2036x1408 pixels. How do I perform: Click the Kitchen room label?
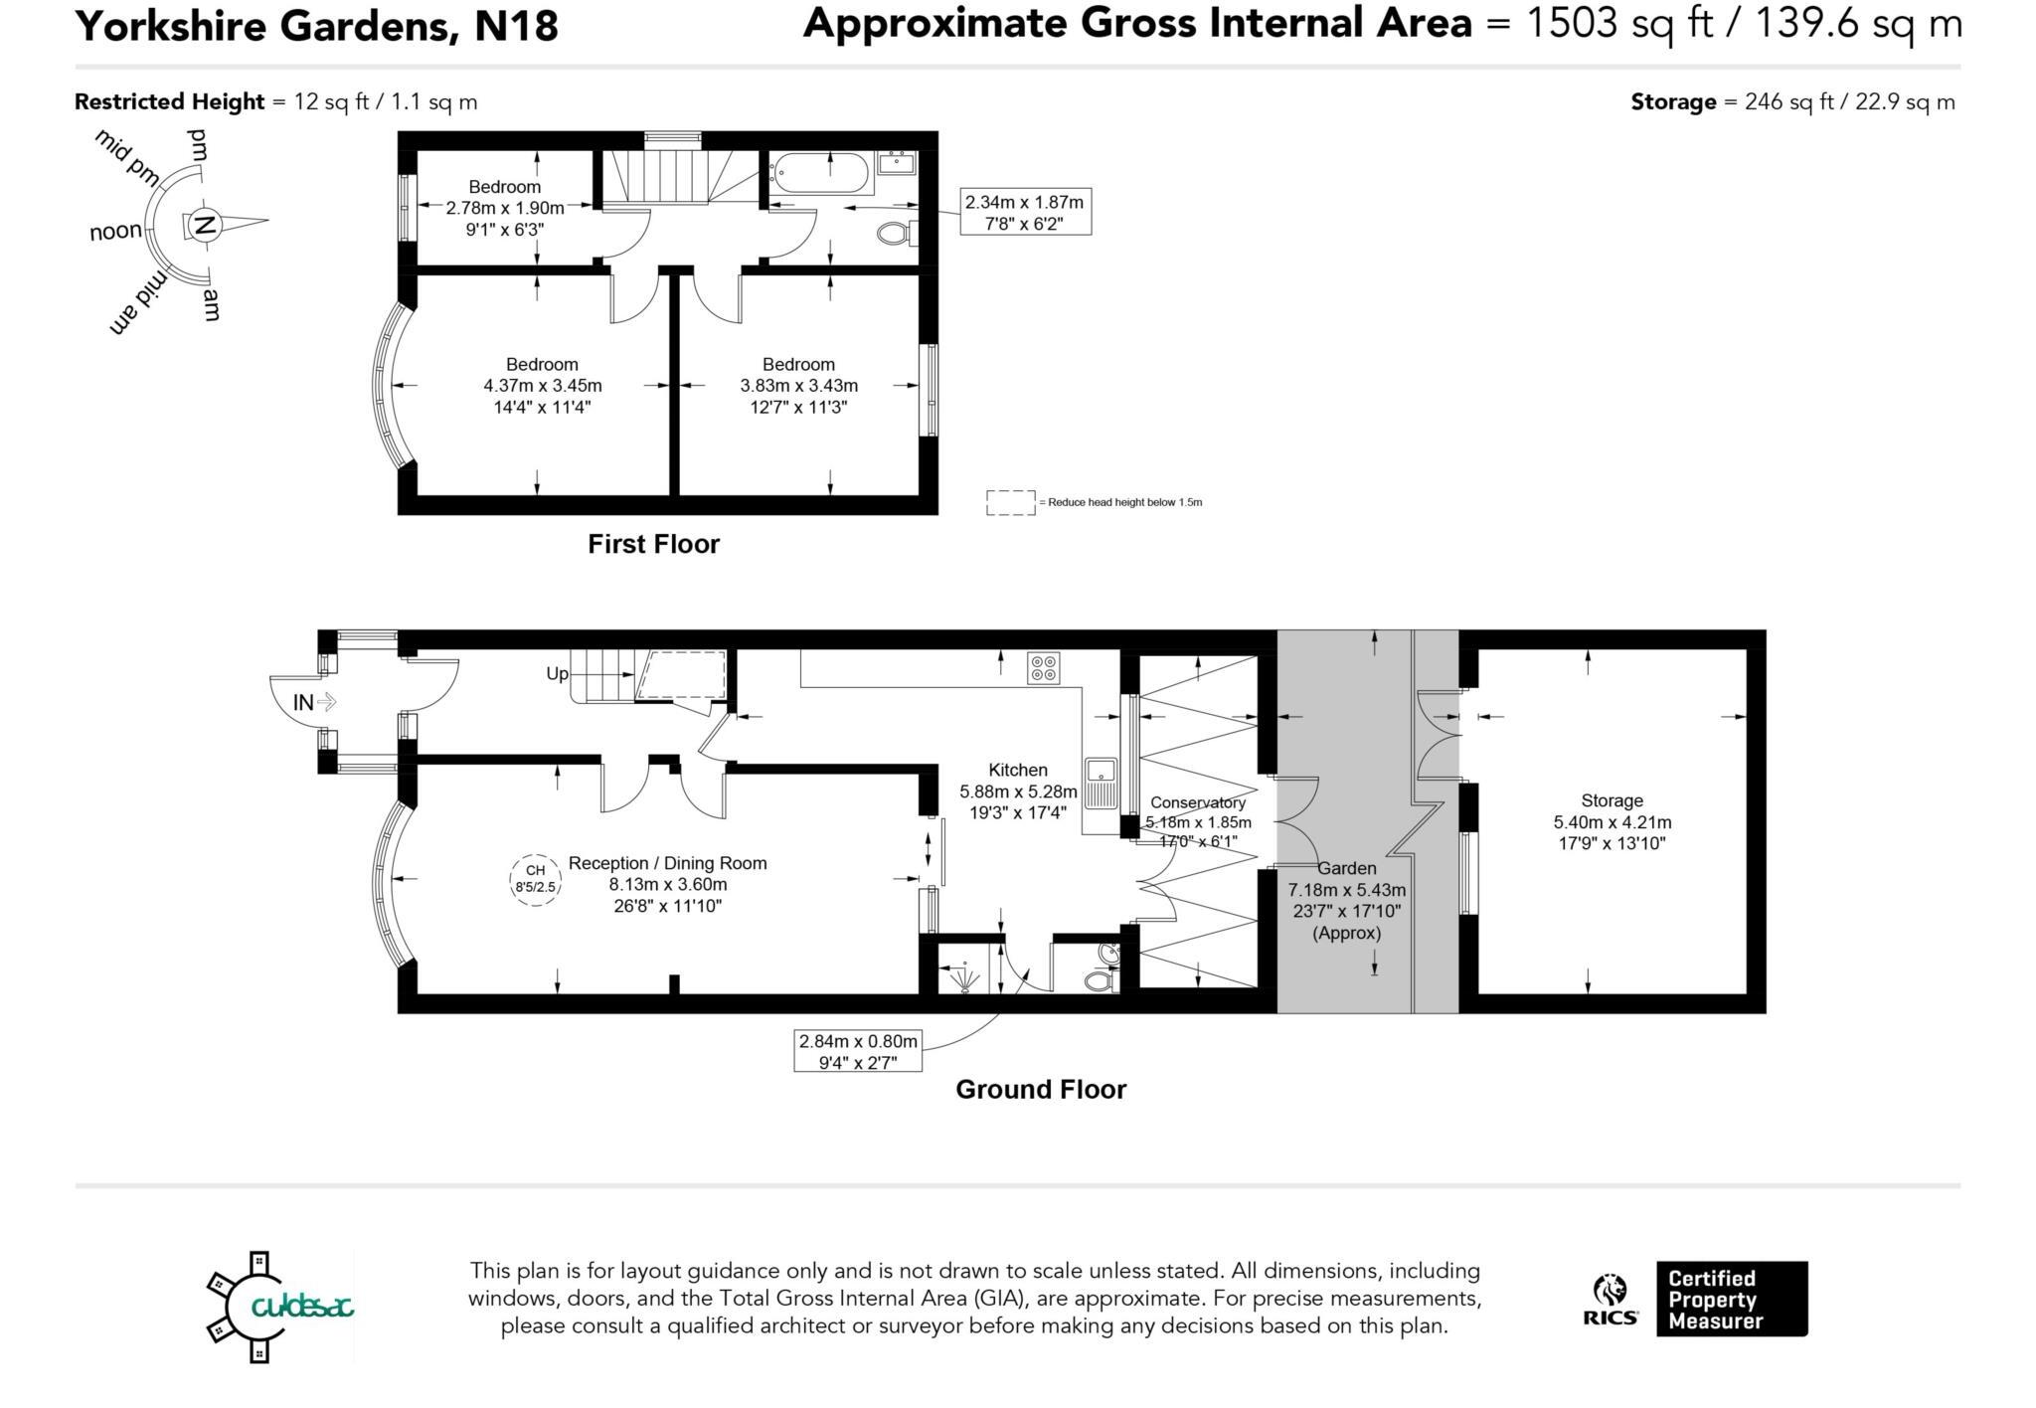pyautogui.click(x=1017, y=770)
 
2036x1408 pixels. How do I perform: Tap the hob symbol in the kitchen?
pyautogui.click(x=1044, y=668)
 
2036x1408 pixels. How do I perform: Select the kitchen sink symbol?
pyautogui.click(x=1102, y=782)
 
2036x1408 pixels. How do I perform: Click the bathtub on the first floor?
pyautogui.click(x=822, y=173)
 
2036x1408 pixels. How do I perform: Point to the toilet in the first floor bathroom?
pyautogui.click(x=896, y=234)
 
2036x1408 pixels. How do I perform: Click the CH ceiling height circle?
pyautogui.click(x=535, y=878)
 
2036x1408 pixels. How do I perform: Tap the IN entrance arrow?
pyautogui.click(x=314, y=703)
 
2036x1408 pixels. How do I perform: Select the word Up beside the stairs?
pyautogui.click(x=557, y=673)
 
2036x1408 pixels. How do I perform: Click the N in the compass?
pyautogui.click(x=204, y=226)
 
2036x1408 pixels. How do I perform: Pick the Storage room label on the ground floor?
pyautogui.click(x=1612, y=800)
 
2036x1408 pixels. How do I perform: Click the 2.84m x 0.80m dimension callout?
pyautogui.click(x=858, y=1051)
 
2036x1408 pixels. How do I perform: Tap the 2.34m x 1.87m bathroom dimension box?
pyautogui.click(x=1025, y=213)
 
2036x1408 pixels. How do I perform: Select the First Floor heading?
pyautogui.click(x=653, y=544)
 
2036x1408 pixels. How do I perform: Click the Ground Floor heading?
pyautogui.click(x=1041, y=1089)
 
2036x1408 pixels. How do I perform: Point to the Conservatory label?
pyautogui.click(x=1197, y=802)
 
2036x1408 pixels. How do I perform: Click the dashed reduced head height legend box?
pyautogui.click(x=1010, y=502)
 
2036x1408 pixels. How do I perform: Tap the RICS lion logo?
pyautogui.click(x=1610, y=1292)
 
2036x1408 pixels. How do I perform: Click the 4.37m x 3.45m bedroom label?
pyautogui.click(x=542, y=385)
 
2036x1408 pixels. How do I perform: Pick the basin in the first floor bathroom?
pyautogui.click(x=898, y=161)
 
